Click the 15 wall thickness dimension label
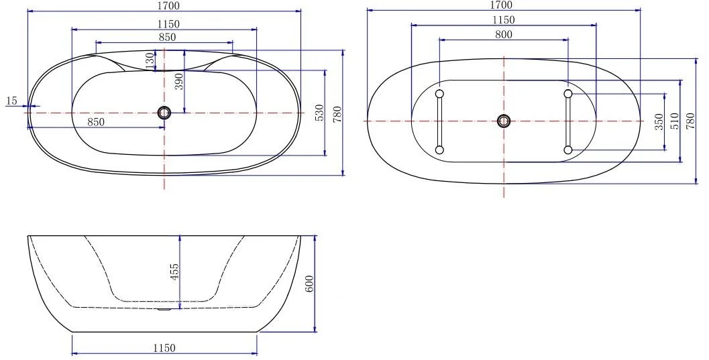pyautogui.click(x=11, y=101)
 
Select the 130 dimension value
pyautogui.click(x=150, y=59)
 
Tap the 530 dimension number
pyautogui.click(x=320, y=113)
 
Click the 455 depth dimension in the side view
pyautogui.click(x=174, y=272)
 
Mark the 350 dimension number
pyautogui.click(x=659, y=121)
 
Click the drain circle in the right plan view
pyautogui.click(x=504, y=121)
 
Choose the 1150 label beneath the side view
pyautogui.click(x=164, y=348)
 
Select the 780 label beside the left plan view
pyautogui.click(x=337, y=113)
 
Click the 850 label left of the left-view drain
pyautogui.click(x=96, y=122)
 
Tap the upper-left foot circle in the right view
pyautogui.click(x=439, y=93)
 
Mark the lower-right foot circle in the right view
pyautogui.click(x=568, y=149)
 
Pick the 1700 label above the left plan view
pyautogui.click(x=168, y=6)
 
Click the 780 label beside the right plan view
pyautogui.click(x=690, y=121)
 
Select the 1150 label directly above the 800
pyautogui.click(x=503, y=21)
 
